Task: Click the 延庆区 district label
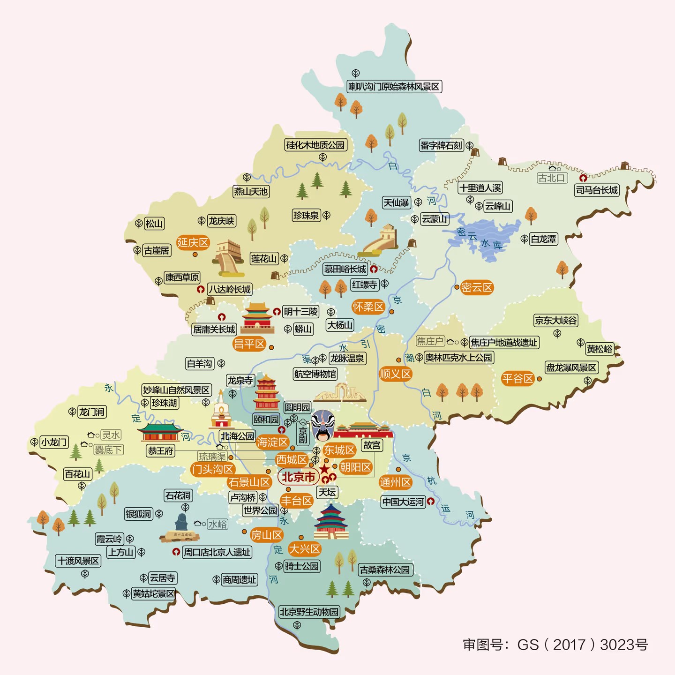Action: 193,242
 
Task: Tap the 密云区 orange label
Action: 477,287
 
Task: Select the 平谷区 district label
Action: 517,378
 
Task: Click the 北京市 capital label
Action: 298,477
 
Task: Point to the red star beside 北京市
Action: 324,469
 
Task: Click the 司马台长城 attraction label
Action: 597,190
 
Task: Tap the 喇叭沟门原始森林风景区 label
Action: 394,87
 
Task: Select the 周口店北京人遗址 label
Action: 217,552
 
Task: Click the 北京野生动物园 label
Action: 309,612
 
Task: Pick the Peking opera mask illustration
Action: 323,425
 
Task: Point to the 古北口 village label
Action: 552,178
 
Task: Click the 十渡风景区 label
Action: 78,561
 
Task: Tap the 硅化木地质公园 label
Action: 315,145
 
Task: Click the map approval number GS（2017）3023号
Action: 555,645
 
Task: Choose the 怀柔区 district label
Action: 368,307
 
